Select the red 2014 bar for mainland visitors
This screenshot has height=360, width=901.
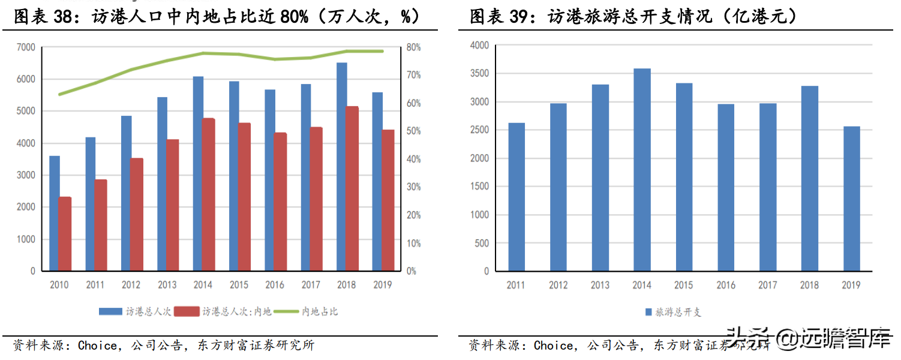(x=208, y=194)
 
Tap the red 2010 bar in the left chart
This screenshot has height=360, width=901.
(x=65, y=234)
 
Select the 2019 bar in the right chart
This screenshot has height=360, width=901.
(x=851, y=199)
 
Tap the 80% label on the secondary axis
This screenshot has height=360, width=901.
(x=414, y=47)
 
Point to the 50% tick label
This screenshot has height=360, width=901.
(x=414, y=131)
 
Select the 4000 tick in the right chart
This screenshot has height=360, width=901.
(x=480, y=46)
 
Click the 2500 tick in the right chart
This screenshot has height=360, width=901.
(x=480, y=130)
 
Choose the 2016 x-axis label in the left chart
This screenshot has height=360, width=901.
(x=275, y=285)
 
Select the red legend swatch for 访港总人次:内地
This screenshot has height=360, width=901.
(x=190, y=311)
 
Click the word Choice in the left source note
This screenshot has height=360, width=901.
(x=97, y=346)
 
